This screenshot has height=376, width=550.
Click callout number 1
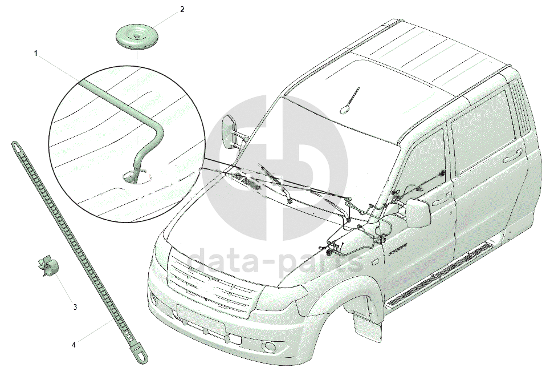pos(36,54)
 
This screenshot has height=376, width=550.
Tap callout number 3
pos(75,307)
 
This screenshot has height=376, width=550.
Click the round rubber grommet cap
pos(137,37)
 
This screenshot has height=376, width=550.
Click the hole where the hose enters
pos(132,178)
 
